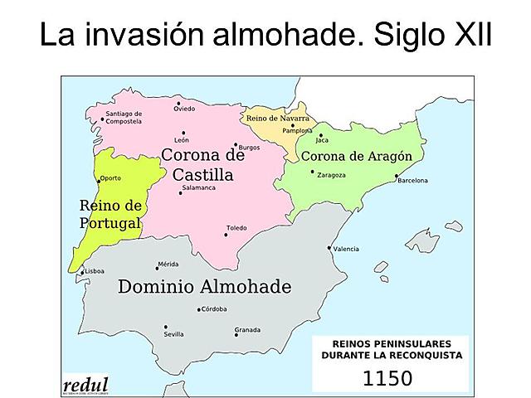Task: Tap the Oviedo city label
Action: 184,109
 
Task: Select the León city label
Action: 182,140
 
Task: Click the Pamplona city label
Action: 297,131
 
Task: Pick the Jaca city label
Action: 323,140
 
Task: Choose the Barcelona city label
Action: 412,180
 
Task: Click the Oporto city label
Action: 110,178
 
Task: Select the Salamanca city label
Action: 198,188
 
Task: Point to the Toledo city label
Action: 237,228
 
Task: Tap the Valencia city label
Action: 346,249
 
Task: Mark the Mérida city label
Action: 168,265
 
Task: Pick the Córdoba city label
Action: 214,310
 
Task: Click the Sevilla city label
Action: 174,334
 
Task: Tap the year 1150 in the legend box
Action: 387,379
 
